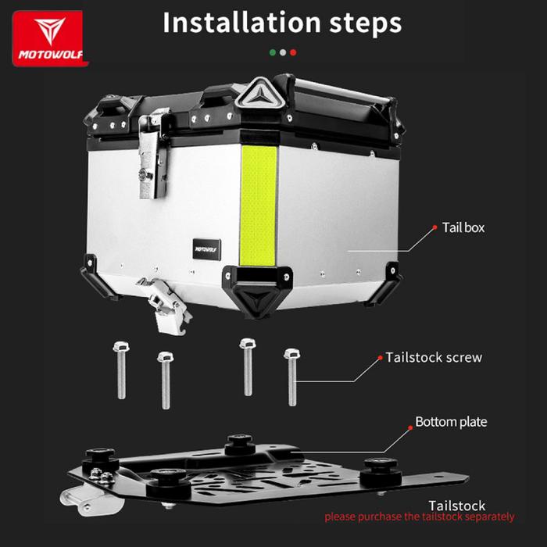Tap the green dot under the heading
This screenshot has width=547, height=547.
tap(272, 52)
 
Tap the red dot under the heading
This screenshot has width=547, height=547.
tap(293, 52)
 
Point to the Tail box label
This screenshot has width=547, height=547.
tap(463, 227)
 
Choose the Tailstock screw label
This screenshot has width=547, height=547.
tap(434, 357)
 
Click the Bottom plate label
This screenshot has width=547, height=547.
tap(451, 422)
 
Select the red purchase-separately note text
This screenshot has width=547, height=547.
tap(420, 517)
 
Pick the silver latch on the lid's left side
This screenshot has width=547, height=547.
tap(153, 153)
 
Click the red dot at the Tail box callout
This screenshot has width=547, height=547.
tap(434, 227)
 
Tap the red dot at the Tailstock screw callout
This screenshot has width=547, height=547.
tap(378, 357)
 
